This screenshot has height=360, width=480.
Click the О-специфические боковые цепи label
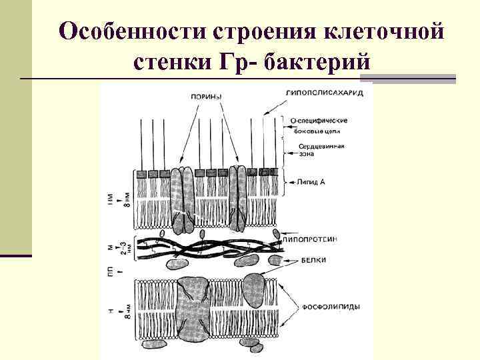pyautogui.click(x=319, y=127)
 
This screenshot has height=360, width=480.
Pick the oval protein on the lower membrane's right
pyautogui.click(x=255, y=289)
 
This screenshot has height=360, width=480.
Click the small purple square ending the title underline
pyautogui.click(x=450, y=79)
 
